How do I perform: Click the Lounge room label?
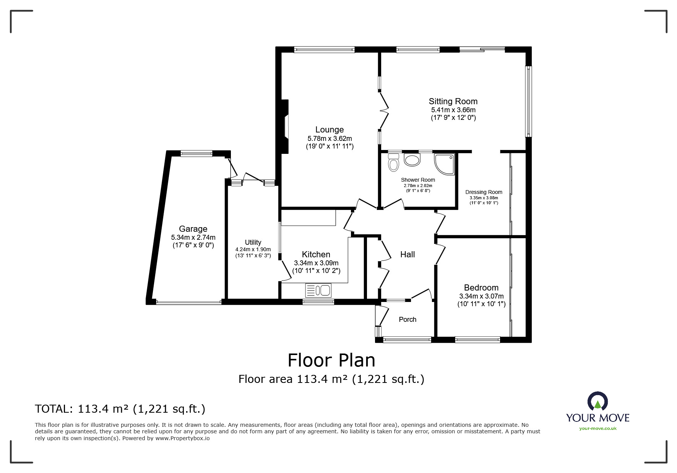click(x=330, y=130)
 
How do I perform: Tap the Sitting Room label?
click(x=453, y=101)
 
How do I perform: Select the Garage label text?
click(x=193, y=229)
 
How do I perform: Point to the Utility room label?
click(x=253, y=242)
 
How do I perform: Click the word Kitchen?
click(x=316, y=255)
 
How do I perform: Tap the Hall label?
click(x=407, y=255)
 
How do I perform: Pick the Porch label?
click(x=407, y=320)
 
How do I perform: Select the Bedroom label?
click(x=481, y=288)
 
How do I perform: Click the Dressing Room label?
click(x=484, y=192)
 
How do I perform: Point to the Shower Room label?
click(x=418, y=180)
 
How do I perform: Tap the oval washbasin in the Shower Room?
click(x=412, y=160)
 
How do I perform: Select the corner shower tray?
click(x=444, y=164)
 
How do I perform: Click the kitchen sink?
click(x=318, y=291)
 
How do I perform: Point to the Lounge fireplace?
click(x=285, y=126)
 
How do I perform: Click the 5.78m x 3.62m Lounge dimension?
click(x=330, y=139)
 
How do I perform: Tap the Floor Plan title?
click(x=331, y=360)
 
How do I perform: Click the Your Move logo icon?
click(x=597, y=402)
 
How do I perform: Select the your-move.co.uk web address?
click(x=598, y=428)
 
